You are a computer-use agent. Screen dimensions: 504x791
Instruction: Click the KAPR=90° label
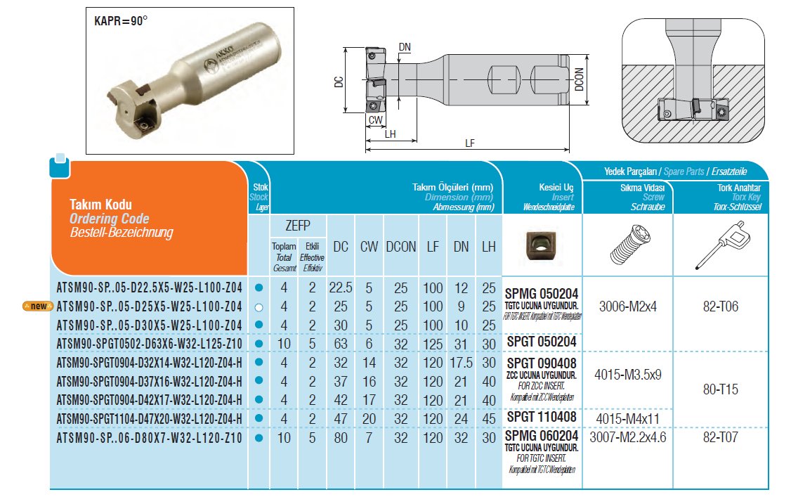(x=122, y=20)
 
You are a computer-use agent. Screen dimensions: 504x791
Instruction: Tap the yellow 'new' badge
(x=38, y=306)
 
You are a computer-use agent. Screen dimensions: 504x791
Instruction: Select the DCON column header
(x=400, y=247)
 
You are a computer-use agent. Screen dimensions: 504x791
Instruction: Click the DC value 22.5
(x=341, y=288)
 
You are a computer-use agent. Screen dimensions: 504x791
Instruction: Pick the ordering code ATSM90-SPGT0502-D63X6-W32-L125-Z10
(x=149, y=343)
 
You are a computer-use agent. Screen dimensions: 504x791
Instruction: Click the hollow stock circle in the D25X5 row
(x=259, y=306)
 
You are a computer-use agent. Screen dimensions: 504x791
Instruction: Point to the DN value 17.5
(x=462, y=362)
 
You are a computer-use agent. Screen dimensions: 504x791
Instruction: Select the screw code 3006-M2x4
(x=628, y=306)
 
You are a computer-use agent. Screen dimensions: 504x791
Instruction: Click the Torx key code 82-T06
(x=719, y=306)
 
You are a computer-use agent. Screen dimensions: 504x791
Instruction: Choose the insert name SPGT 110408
(x=542, y=418)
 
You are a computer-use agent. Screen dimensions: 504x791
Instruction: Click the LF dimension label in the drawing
(x=470, y=143)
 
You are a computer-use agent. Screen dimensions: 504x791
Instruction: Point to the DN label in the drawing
(x=405, y=46)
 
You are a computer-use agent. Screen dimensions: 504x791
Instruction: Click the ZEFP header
(x=299, y=225)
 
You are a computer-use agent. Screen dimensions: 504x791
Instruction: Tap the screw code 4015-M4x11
(x=628, y=419)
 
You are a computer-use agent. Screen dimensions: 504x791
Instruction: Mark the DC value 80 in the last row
(x=341, y=438)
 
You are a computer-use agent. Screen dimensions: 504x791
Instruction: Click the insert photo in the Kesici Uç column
(x=540, y=245)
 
